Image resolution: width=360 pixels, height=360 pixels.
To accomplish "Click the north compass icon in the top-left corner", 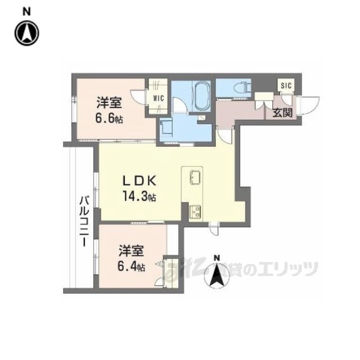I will click(x=26, y=32).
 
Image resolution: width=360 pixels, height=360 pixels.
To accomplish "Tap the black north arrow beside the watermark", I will click(x=217, y=273).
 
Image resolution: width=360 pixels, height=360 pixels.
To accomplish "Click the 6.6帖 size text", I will click(x=109, y=119).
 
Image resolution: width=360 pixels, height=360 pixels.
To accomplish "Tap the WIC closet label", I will click(x=157, y=97).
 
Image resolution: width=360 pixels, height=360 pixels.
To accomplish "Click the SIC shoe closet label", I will click(x=286, y=85).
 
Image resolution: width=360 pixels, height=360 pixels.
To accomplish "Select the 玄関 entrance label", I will click(x=282, y=113).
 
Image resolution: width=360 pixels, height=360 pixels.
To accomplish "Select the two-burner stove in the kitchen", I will click(x=195, y=211).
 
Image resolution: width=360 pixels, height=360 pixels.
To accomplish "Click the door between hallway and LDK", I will click(x=225, y=134).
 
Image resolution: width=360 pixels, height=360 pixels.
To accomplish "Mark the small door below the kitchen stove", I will click(x=214, y=228).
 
